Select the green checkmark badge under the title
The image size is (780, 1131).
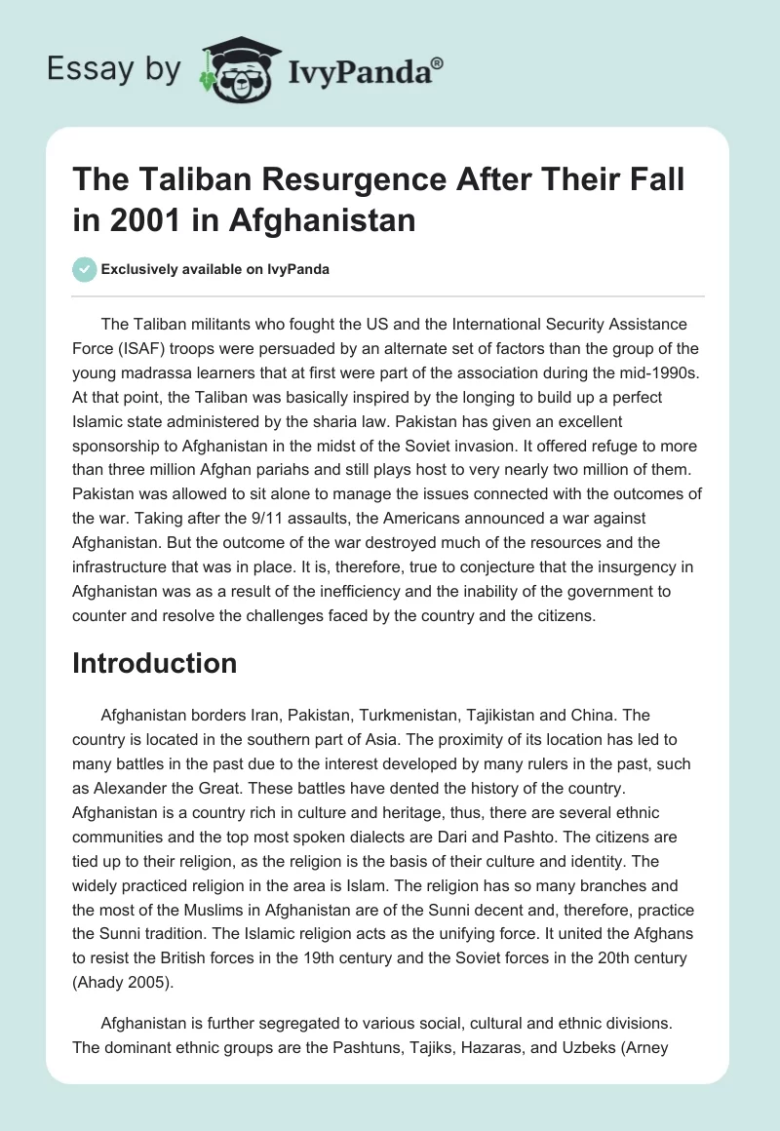point(84,269)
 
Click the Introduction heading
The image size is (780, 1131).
point(155,663)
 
